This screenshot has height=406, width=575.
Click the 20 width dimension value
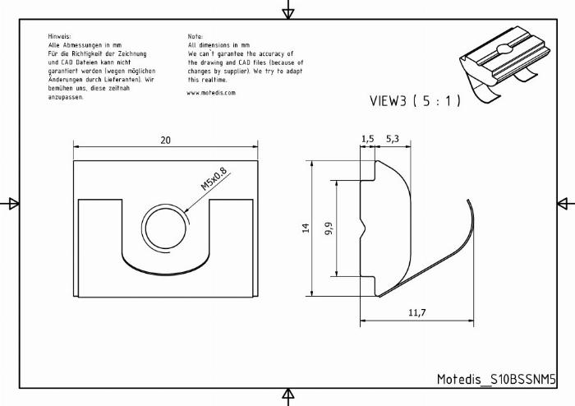pos(165,140)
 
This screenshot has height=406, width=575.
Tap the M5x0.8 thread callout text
pos(214,179)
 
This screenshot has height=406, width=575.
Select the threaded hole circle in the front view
pos(165,228)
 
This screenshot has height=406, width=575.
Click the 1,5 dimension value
pos(367,139)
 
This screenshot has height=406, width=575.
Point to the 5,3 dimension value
pos(393,139)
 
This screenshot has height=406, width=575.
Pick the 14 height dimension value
pos(306,228)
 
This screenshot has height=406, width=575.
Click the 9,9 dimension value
pos(329,228)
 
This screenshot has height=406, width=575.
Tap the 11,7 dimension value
pos(417,312)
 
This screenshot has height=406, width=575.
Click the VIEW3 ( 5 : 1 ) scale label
pos(415,101)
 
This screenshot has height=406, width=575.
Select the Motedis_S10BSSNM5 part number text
pos(496,379)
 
